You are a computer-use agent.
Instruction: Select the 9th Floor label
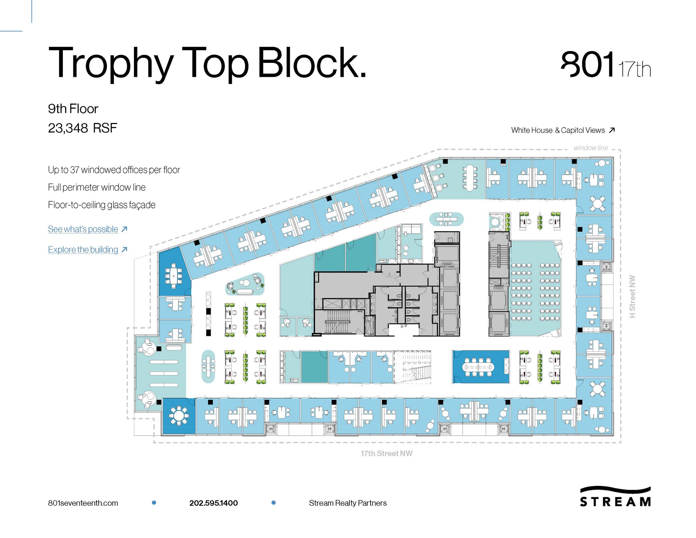[x=73, y=109]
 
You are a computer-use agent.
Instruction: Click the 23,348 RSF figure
[x=83, y=128]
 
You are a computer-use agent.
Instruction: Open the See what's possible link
[x=83, y=229]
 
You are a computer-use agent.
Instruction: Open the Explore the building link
[x=83, y=249]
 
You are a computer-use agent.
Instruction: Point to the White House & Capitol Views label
[x=558, y=130]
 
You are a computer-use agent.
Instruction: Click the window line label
[x=591, y=148]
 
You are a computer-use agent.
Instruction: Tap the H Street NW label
[x=632, y=296]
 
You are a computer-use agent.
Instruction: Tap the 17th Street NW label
[x=386, y=453]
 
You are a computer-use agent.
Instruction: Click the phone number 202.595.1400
[x=213, y=503]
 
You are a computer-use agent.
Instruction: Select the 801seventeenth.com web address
[x=83, y=503]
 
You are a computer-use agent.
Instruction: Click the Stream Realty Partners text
[x=348, y=503]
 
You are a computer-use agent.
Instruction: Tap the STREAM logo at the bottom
[x=615, y=497]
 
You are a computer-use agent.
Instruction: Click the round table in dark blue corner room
[x=179, y=416]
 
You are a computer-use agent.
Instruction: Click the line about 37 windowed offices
[x=114, y=170]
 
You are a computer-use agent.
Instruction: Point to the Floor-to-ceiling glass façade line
[x=102, y=205]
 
